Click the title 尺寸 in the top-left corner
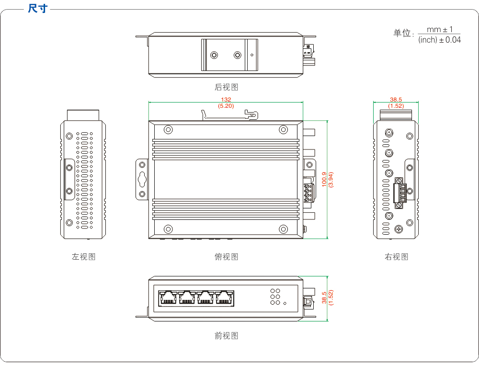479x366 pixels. point(38,8)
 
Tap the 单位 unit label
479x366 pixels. point(403,33)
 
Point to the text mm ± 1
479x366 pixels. point(440,30)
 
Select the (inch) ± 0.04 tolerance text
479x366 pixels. point(439,40)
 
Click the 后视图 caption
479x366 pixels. point(226,87)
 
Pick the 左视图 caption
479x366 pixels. point(84,257)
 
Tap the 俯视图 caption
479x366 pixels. point(226,257)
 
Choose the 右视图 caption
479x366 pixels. point(396,257)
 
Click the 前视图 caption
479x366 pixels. point(226,336)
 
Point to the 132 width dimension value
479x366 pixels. point(226,100)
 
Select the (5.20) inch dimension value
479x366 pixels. point(226,106)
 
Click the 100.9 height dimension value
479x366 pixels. point(324,179)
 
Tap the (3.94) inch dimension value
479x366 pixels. point(331,179)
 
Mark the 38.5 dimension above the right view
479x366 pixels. point(396,100)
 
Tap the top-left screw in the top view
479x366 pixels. point(168,130)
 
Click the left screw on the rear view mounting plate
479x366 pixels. point(215,55)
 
